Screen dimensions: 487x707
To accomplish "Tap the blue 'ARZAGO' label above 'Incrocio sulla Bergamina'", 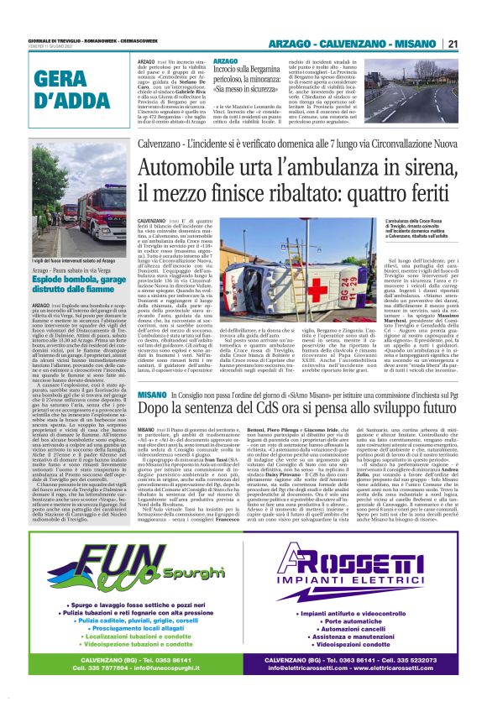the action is [x=226, y=62].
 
